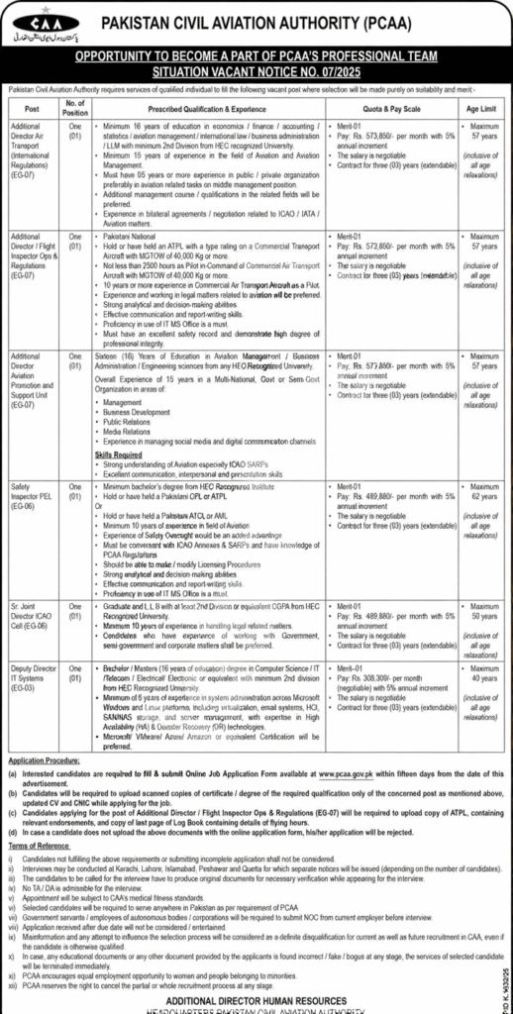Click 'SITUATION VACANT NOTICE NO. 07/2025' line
click(x=257, y=72)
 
